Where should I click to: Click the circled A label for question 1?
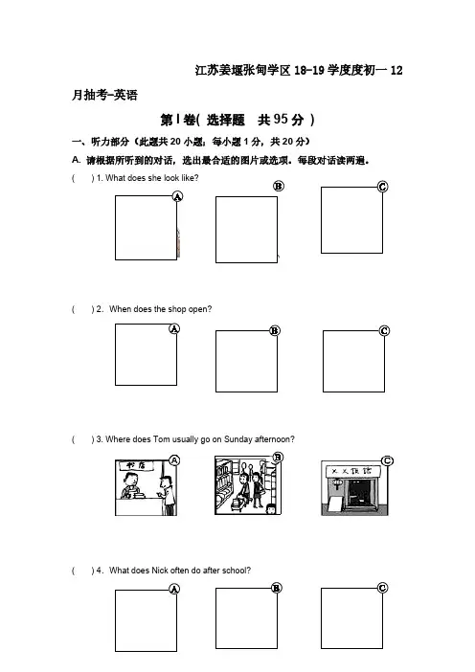177,196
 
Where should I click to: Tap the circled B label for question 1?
279,186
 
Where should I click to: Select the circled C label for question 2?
384,331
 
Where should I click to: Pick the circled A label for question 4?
174,589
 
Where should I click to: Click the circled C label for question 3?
387,460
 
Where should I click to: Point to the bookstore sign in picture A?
136,465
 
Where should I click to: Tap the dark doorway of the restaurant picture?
357,494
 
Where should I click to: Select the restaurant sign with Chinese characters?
353,471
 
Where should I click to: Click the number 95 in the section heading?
281,119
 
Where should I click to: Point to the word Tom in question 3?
162,439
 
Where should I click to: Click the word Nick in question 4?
160,571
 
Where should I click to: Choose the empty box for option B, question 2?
246,361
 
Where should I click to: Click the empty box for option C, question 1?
352,220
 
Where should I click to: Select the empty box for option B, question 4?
246,618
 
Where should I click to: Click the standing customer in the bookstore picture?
168,494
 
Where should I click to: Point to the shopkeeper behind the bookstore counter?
130,485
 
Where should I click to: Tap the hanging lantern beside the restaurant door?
337,484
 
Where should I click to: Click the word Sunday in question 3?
237,439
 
